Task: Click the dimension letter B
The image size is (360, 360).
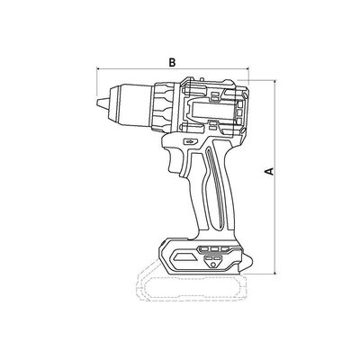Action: click(172, 63)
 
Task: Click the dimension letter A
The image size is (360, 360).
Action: click(269, 171)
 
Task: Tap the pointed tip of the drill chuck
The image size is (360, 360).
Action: click(97, 102)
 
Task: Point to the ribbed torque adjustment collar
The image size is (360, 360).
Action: click(163, 107)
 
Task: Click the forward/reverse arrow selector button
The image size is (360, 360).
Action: click(190, 140)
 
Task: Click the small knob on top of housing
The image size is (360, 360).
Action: click(202, 78)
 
